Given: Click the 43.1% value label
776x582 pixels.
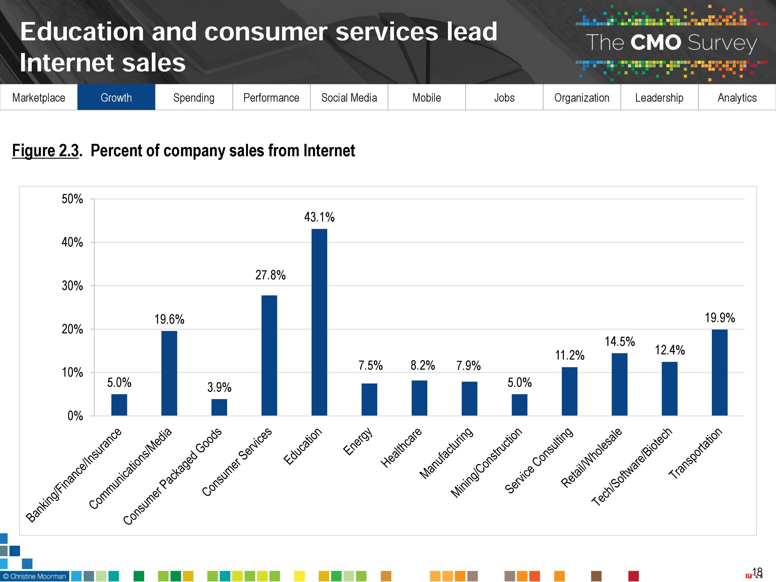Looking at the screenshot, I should click(319, 217).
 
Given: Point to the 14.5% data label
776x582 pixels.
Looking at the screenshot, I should click(620, 341).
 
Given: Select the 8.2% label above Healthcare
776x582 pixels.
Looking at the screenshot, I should click(423, 365).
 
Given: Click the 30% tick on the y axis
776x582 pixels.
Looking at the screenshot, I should click(72, 286).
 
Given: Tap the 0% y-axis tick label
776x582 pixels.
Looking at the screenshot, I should click(75, 416).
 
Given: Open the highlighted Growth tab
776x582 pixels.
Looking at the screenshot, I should click(116, 98).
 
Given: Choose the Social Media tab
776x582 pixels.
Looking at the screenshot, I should click(349, 98).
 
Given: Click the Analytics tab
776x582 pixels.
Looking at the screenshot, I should click(737, 98).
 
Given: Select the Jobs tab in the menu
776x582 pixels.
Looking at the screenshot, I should click(504, 98).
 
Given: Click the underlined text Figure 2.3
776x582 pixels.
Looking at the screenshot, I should click(46, 151).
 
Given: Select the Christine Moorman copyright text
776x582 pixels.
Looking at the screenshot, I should click(34, 576).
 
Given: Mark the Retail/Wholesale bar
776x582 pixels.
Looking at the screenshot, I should click(620, 384).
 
